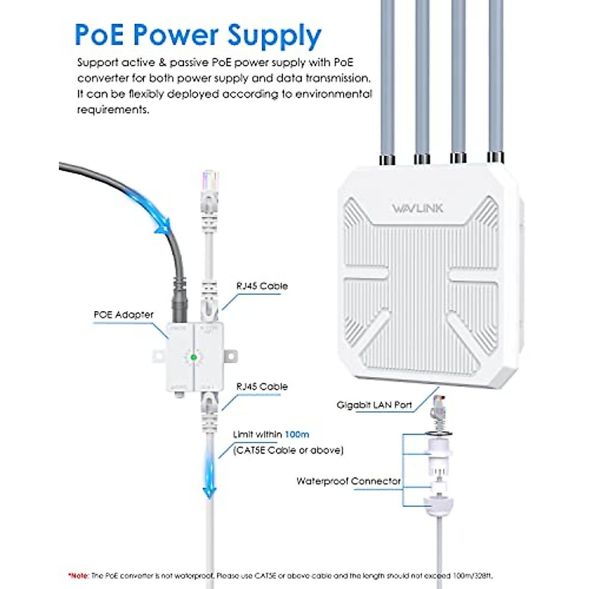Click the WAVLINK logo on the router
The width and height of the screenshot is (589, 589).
click(x=417, y=208)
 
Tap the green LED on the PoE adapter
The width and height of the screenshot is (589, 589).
click(x=193, y=357)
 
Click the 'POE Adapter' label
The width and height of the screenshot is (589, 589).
click(x=124, y=315)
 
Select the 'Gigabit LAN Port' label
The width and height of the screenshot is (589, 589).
click(x=374, y=405)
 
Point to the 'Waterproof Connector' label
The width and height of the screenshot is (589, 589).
click(x=348, y=481)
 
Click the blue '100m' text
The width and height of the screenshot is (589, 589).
click(x=297, y=434)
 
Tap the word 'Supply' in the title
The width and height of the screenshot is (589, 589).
click(x=275, y=35)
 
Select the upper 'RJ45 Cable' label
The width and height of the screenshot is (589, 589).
click(x=262, y=286)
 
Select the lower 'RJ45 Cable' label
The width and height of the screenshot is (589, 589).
click(x=262, y=386)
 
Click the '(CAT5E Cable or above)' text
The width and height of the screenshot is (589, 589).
click(x=288, y=450)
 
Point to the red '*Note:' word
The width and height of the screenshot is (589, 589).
click(x=79, y=575)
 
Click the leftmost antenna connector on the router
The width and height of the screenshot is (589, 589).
click(x=386, y=160)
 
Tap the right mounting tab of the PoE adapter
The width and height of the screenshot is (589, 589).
click(x=231, y=356)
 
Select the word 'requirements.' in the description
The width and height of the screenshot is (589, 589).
click(x=113, y=109)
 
